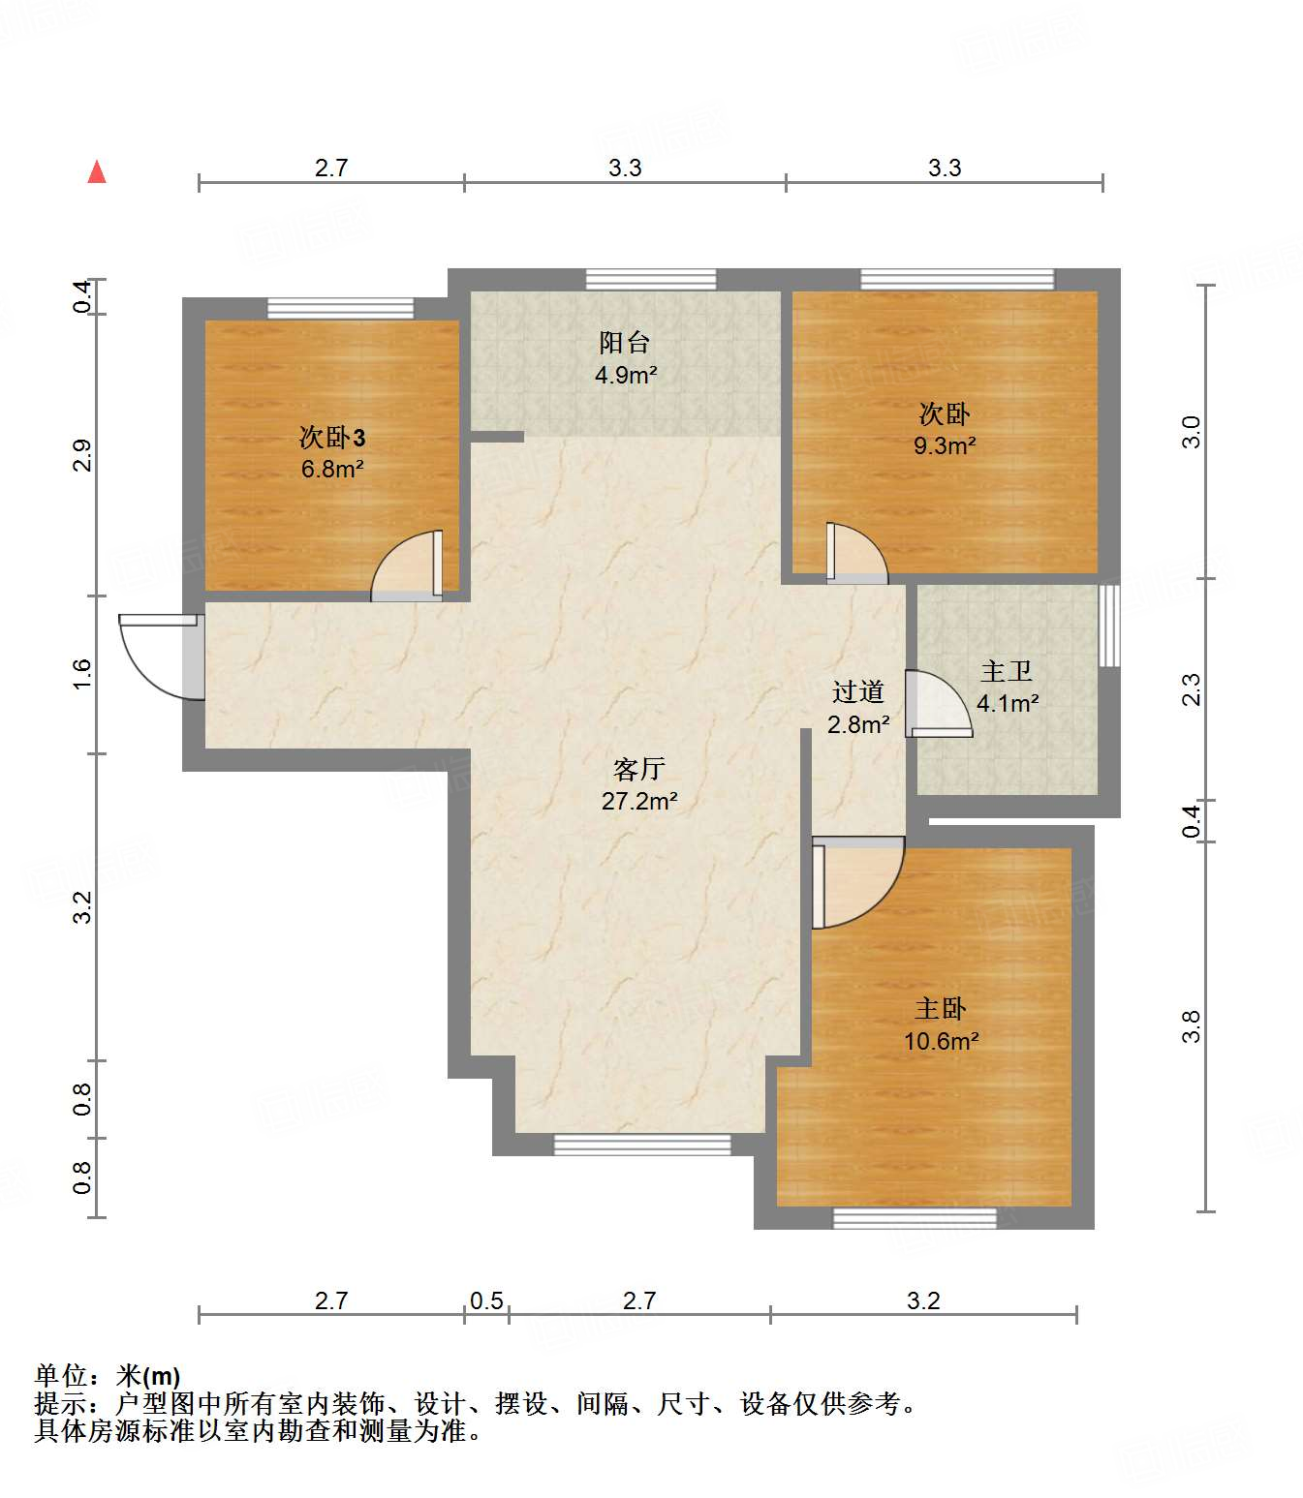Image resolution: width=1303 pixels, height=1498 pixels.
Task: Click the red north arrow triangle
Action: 97,172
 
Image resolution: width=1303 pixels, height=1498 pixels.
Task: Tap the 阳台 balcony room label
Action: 624,342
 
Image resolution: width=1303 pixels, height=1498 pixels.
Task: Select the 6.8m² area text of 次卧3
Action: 331,469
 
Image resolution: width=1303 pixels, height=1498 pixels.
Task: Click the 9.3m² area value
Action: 945,445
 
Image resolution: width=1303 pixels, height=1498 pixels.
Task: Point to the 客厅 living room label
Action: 638,769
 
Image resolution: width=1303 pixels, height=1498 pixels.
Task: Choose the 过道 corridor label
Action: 857,692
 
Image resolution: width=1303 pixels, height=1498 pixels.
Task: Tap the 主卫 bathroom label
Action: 1007,671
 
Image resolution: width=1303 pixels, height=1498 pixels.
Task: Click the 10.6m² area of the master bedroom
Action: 942,1040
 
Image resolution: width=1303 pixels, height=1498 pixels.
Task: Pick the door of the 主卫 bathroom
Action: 939,704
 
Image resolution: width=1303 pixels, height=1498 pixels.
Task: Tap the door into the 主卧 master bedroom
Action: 858,883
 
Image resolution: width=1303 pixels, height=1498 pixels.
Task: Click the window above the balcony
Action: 650,280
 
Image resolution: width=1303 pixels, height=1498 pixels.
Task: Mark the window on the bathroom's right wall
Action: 1109,626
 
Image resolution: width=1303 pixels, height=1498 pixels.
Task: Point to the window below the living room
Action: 641,1145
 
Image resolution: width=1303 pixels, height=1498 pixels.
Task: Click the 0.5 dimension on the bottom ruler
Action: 486,1300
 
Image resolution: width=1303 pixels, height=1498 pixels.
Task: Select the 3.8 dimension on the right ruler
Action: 1192,1026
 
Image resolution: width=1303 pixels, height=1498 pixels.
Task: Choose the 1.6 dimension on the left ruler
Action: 82,674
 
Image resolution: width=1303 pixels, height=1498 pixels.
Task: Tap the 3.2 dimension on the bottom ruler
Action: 923,1300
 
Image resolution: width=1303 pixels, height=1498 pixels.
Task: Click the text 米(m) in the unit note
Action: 148,1377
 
